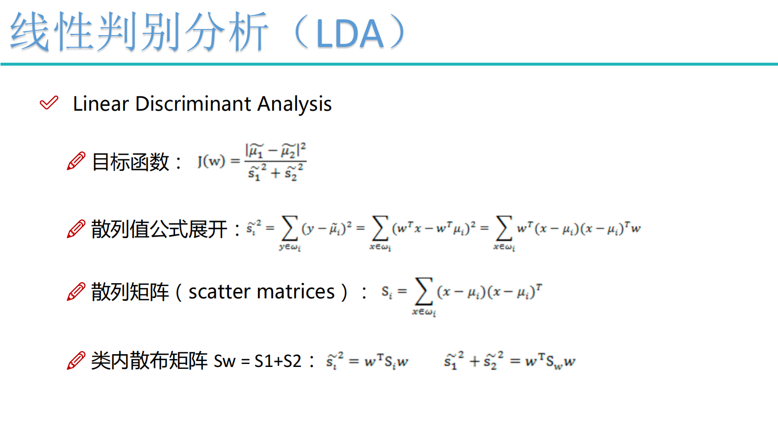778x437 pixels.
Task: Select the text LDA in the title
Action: (x=350, y=34)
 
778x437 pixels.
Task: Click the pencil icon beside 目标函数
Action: (x=76, y=161)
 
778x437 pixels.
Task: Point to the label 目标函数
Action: (x=130, y=162)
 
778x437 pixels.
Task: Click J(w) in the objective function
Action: (x=211, y=161)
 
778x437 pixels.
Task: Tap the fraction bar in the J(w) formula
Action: (x=276, y=161)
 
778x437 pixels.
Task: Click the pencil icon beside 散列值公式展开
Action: (x=76, y=229)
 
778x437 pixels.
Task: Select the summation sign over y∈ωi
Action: (x=289, y=228)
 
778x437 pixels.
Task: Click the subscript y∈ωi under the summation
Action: (x=290, y=247)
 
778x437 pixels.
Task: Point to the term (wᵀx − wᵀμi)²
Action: (x=434, y=228)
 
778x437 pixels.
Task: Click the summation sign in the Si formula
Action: (x=424, y=291)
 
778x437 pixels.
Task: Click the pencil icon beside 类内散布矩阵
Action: (x=76, y=361)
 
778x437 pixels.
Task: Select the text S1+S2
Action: (x=278, y=361)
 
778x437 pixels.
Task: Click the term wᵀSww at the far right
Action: (x=550, y=362)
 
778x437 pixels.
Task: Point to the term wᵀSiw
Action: (x=386, y=362)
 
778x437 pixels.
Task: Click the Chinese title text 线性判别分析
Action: (x=139, y=32)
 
